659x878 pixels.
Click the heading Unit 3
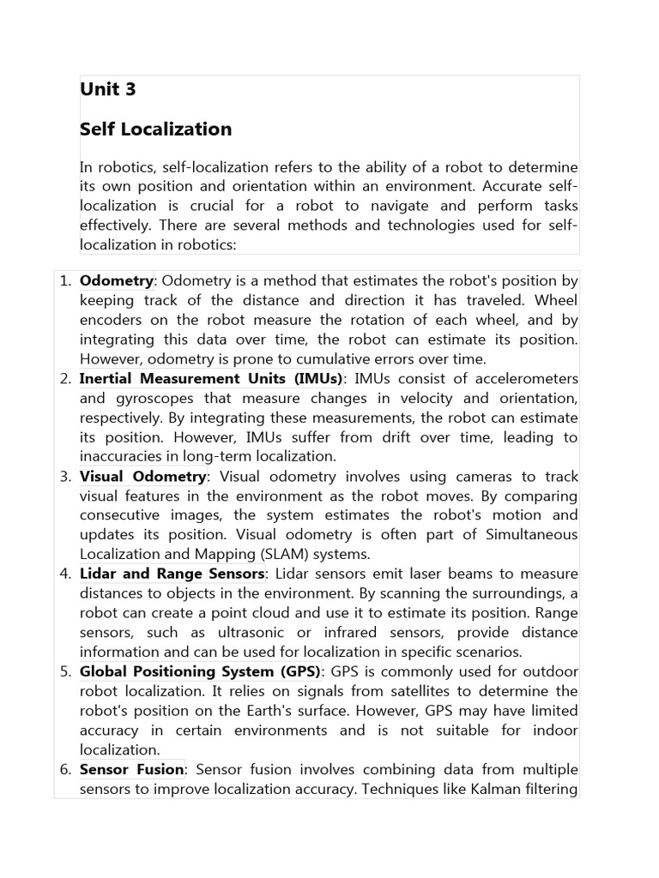coord(108,90)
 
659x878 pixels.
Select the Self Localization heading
coord(155,129)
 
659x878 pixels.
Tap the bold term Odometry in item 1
coord(116,281)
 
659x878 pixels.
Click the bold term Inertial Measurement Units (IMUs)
coord(211,379)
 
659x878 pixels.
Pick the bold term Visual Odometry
coord(142,477)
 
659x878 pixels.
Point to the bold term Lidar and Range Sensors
coord(172,574)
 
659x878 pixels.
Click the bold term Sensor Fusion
coord(131,769)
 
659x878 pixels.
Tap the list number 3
coord(65,477)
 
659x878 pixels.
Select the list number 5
coord(65,671)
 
